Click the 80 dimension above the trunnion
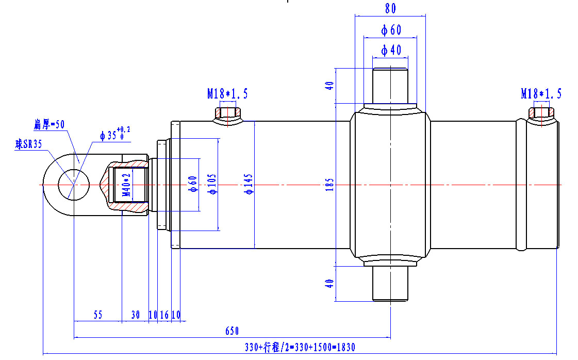390,9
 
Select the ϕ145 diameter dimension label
249,184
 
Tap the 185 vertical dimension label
331,185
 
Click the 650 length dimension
233,331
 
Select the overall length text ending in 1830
300,347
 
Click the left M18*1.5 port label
227,93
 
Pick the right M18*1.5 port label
541,93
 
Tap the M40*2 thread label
125,186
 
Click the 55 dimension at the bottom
98,315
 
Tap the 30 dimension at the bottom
135,315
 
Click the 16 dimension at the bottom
164,315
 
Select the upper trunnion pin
390,85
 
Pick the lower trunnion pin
390,284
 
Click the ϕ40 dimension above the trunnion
391,50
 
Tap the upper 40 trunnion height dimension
331,85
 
